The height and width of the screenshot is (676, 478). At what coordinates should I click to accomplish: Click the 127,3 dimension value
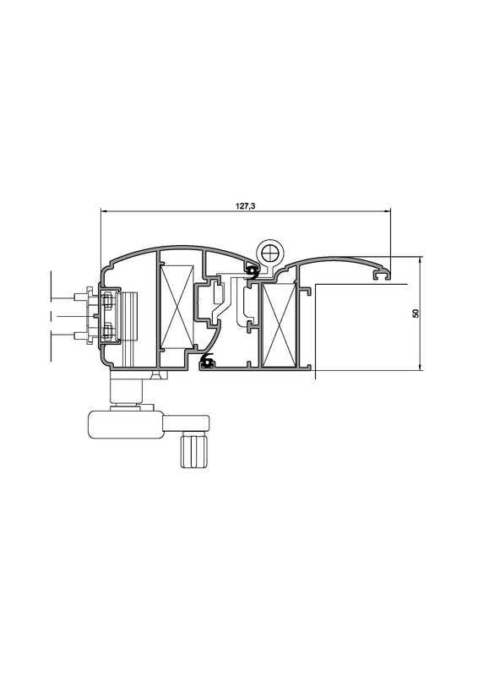point(245,206)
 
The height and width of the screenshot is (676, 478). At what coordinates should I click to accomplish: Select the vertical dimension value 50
point(416,313)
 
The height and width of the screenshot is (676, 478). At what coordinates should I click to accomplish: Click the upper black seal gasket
point(253,272)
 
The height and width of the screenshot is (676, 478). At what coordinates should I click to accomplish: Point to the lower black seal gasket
point(208,360)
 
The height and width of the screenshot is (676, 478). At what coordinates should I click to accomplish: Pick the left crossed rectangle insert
point(177,307)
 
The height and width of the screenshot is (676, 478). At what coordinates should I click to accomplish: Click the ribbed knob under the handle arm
point(195,450)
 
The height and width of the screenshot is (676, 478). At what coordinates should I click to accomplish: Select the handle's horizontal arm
point(186,423)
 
